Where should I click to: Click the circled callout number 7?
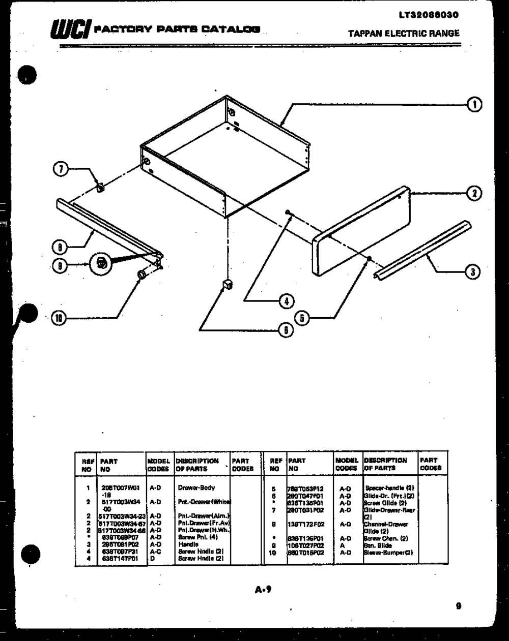click(x=61, y=169)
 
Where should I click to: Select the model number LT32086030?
click(x=429, y=15)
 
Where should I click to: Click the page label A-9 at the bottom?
click(x=263, y=590)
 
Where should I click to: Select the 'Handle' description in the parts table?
click(x=186, y=544)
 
